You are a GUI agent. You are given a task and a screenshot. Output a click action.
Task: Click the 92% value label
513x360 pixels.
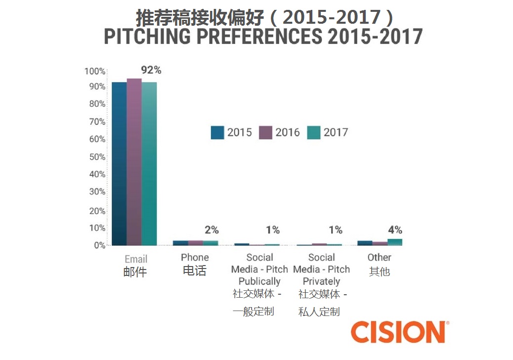tap(151, 70)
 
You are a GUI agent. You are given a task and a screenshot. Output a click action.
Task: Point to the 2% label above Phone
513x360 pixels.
tap(212, 230)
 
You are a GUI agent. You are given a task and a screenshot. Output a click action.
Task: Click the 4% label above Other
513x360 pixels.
tap(395, 230)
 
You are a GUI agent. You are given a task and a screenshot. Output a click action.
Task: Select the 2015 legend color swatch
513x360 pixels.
tap(217, 133)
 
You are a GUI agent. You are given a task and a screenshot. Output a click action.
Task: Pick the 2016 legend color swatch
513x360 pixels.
tap(265, 133)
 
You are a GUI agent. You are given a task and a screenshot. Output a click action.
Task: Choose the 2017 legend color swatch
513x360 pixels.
tap(314, 133)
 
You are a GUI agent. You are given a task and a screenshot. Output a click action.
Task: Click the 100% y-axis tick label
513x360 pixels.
tap(95, 71)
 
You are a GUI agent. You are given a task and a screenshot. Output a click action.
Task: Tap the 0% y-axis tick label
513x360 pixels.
tap(99, 245)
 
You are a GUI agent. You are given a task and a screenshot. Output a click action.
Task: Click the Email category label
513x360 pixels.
tap(136, 259)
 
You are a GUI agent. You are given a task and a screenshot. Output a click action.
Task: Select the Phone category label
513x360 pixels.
tap(195, 257)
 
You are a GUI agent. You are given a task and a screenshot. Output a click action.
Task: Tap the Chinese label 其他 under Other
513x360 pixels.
tap(380, 272)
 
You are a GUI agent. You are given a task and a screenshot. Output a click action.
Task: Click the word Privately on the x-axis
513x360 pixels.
tap(321, 281)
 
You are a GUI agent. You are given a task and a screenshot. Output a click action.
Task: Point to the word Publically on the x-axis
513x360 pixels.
tap(259, 281)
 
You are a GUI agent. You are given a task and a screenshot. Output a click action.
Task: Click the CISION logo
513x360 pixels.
tap(399, 332)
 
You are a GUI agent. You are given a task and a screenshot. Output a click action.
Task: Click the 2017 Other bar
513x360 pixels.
tap(394, 242)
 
